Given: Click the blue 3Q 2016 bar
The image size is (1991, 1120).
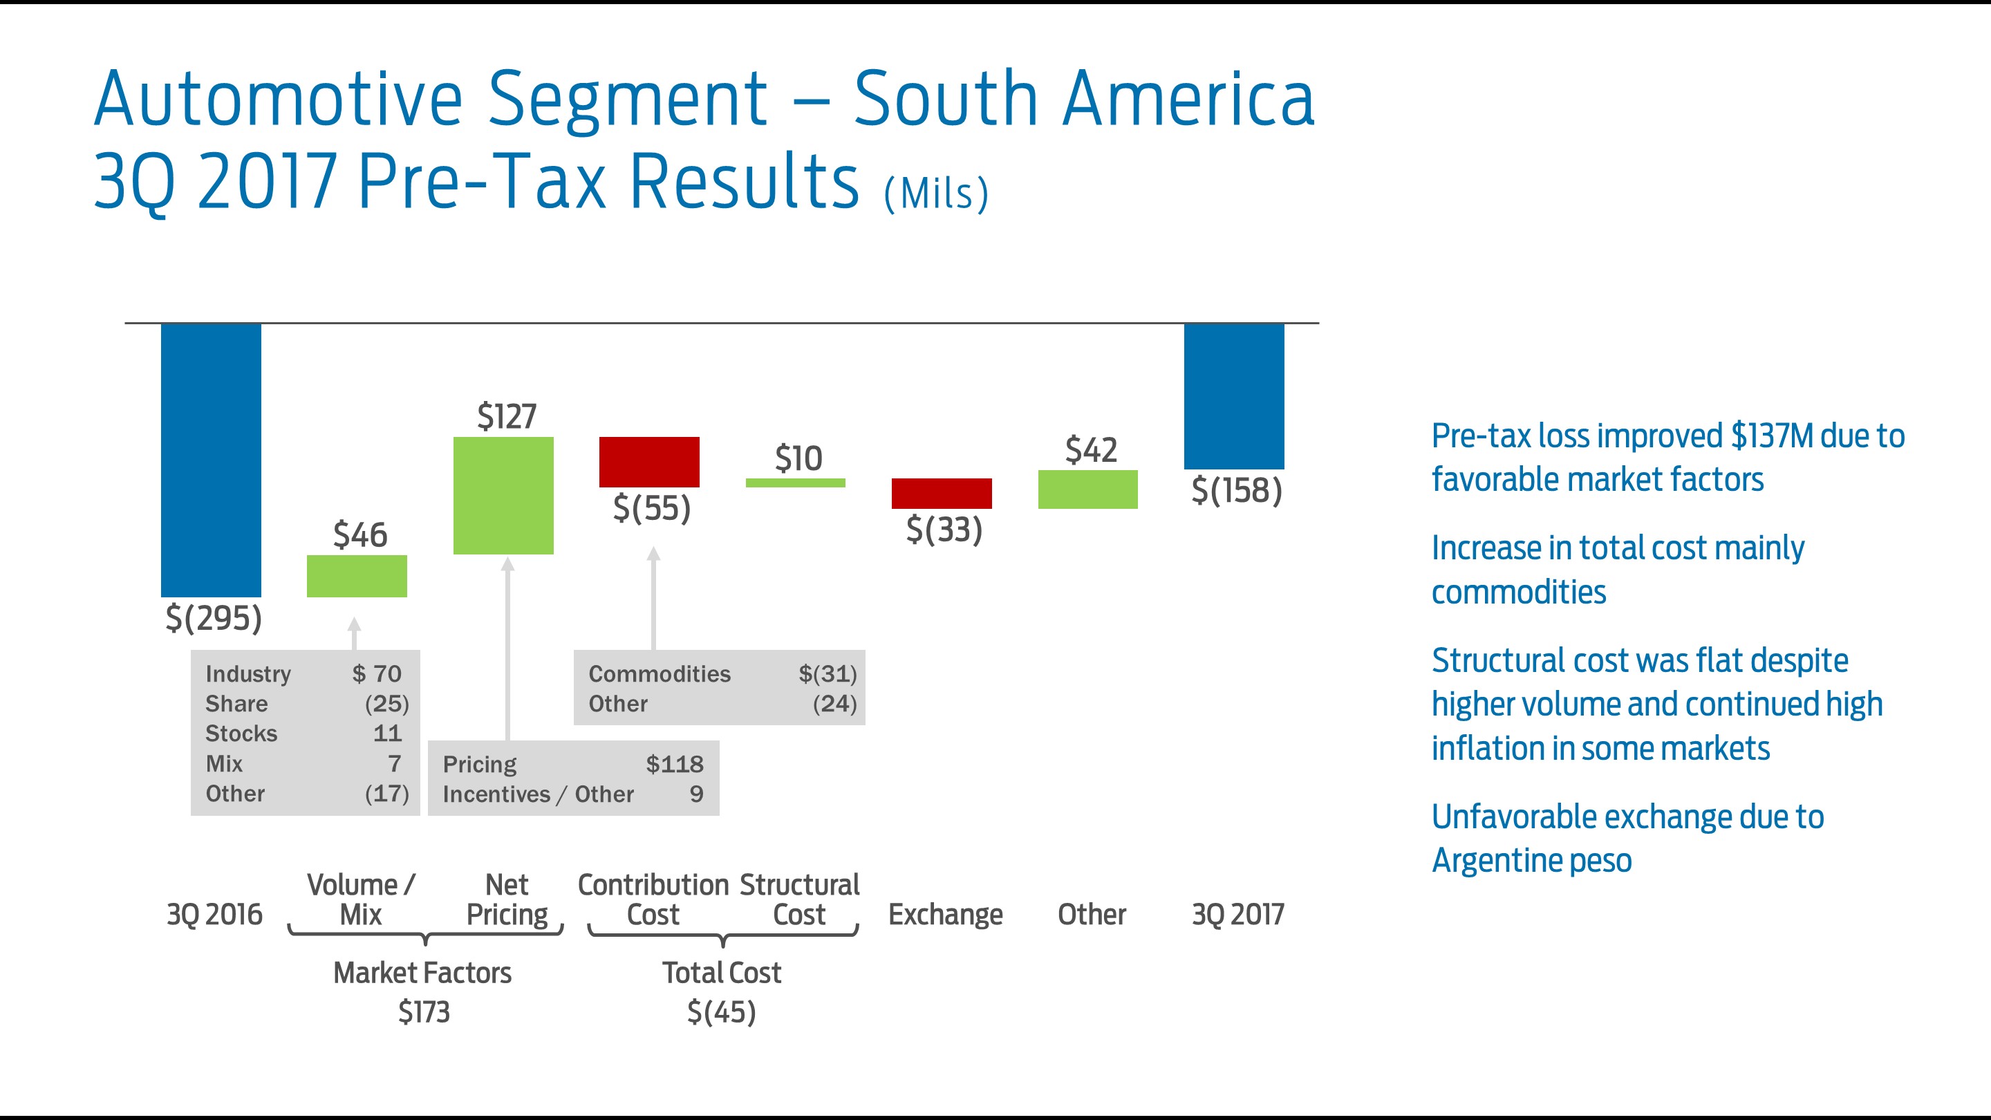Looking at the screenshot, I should click(210, 459).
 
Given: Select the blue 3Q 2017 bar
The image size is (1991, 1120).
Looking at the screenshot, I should click(1233, 395).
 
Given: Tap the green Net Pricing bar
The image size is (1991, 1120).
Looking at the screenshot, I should click(503, 496).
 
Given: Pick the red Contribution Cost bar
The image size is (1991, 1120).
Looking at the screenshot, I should click(649, 461).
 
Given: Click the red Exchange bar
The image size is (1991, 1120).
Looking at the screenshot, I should click(942, 493).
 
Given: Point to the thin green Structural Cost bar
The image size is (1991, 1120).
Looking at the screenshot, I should click(795, 483).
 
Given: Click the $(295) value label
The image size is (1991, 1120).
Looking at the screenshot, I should click(214, 617).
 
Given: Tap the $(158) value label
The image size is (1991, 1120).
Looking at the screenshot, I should click(1237, 490).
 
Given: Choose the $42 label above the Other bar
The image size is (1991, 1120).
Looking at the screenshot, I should click(1091, 450).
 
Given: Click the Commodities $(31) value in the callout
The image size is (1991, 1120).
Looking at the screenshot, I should click(828, 674).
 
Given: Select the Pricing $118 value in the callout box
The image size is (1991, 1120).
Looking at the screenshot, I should click(674, 765).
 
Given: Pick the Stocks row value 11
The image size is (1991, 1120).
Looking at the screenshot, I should click(387, 734).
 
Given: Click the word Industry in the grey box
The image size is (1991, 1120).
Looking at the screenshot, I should click(248, 674).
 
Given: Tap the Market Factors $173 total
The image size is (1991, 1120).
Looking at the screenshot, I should click(424, 1011).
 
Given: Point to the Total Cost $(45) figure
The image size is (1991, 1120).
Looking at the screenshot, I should click(721, 1011).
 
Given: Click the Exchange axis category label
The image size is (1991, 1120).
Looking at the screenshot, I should click(945, 915).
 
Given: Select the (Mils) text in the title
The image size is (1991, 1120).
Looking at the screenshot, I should click(936, 194).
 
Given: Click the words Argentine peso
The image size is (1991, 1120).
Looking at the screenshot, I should click(1531, 860).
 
